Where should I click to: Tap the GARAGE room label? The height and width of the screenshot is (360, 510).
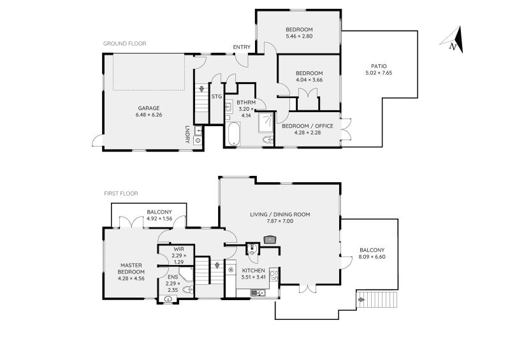click(x=149, y=108)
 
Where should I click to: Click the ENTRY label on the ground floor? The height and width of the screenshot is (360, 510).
click(x=242, y=47)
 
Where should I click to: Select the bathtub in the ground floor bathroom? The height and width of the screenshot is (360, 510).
click(x=233, y=134)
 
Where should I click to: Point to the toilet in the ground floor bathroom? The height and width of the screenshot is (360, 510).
click(x=268, y=140)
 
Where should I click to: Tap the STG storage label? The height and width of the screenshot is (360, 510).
click(x=217, y=96)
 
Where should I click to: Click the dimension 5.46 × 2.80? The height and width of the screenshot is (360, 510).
click(x=299, y=38)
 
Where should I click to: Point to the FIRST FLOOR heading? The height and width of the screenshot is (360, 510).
click(x=121, y=193)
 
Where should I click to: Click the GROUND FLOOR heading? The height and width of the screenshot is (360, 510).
click(x=125, y=44)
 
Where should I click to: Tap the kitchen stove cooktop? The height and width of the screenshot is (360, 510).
click(x=274, y=276)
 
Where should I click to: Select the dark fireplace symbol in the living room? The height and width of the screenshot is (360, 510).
click(x=270, y=240)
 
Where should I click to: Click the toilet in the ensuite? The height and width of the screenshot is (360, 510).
click(x=187, y=289)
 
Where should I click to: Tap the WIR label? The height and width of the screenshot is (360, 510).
click(x=177, y=249)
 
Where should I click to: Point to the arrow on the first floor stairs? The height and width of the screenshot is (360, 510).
click(x=217, y=265)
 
